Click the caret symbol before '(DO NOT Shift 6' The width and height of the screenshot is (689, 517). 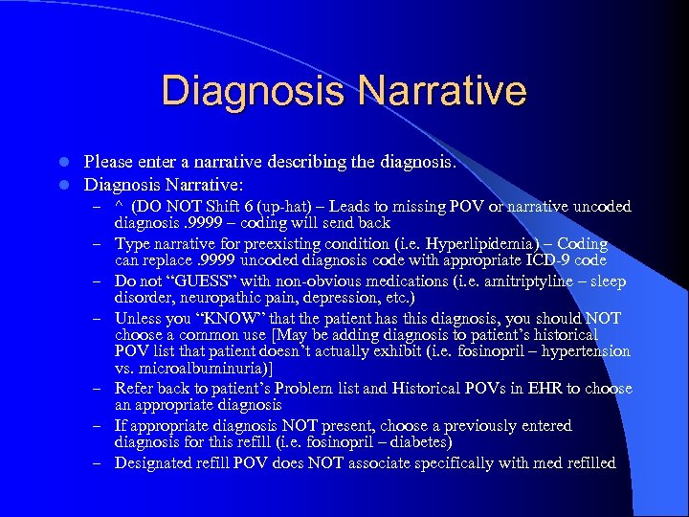pos(120,207)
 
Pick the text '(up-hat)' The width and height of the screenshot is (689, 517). pos(288,206)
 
